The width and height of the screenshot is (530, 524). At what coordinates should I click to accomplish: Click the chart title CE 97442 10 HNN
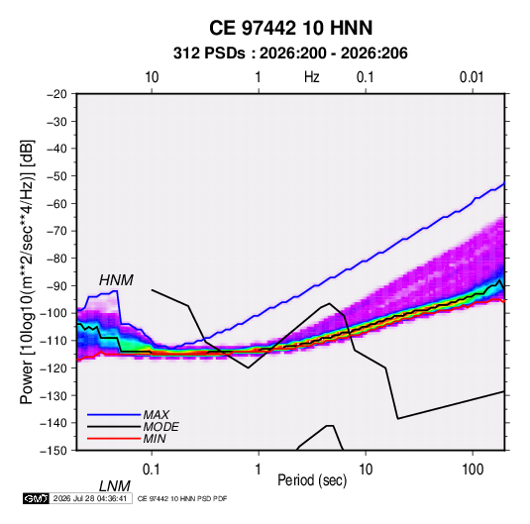point(290,28)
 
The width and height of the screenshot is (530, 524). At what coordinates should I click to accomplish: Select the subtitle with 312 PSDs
point(290,53)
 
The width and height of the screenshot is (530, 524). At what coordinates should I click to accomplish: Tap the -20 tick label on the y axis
point(56,94)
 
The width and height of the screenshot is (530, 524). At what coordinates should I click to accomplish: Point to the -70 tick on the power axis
point(56,231)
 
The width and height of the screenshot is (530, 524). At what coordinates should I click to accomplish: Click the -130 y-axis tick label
point(54,395)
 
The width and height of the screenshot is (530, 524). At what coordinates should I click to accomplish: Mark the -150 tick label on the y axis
point(54,451)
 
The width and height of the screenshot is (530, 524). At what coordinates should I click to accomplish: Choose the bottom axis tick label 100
point(472,470)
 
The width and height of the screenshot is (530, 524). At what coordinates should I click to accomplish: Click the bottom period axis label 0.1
point(152,470)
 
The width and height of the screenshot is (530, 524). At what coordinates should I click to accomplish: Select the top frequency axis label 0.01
point(472,77)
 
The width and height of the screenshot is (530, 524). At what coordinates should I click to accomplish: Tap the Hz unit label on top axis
point(312,77)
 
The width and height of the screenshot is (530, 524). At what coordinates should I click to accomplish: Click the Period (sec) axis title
point(312,480)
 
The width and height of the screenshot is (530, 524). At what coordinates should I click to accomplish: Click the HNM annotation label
point(116,280)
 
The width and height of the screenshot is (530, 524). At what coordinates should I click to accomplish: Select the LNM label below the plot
point(114,486)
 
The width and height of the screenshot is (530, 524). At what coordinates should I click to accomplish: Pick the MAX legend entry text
point(156,415)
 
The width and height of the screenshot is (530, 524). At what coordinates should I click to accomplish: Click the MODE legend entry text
point(160,427)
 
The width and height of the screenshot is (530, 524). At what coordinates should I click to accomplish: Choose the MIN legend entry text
point(155,439)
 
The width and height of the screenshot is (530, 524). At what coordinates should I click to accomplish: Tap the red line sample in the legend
point(114,439)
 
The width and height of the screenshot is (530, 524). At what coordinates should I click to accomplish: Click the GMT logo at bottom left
point(37,498)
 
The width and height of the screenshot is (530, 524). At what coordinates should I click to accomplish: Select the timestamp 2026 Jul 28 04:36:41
point(90,498)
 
